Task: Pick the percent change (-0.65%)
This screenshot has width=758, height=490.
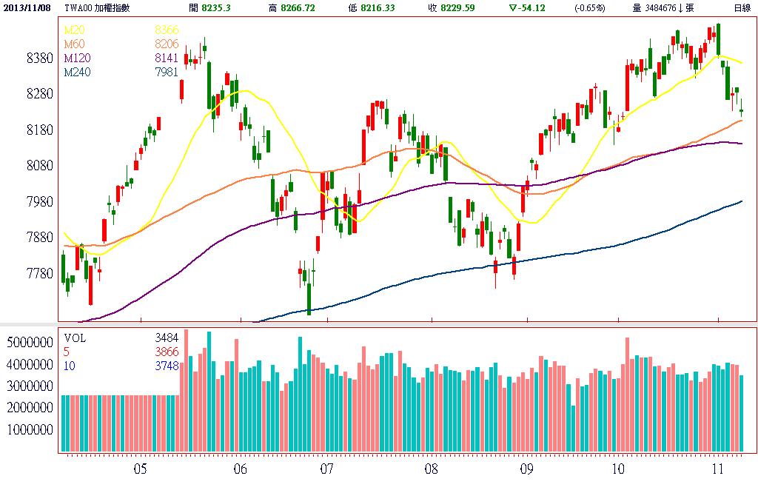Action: coord(589,7)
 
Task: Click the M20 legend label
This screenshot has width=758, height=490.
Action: coord(74,30)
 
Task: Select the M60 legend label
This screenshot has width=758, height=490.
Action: coord(74,44)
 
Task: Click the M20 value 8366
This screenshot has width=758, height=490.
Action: coord(167,30)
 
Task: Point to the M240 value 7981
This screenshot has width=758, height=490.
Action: coord(167,72)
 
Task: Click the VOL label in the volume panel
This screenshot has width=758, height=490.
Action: coord(76,338)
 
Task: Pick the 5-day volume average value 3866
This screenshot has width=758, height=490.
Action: coord(167,352)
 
